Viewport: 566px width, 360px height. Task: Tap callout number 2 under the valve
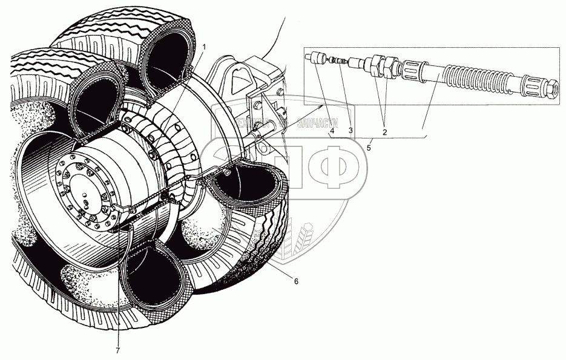[x=384, y=129]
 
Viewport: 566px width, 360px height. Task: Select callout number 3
[x=350, y=129]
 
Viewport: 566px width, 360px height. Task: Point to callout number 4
[x=332, y=129]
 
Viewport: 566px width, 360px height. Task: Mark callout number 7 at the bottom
[x=118, y=349]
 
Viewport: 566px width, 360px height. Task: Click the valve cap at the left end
[x=314, y=57]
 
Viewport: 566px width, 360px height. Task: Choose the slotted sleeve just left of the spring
[x=417, y=68]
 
